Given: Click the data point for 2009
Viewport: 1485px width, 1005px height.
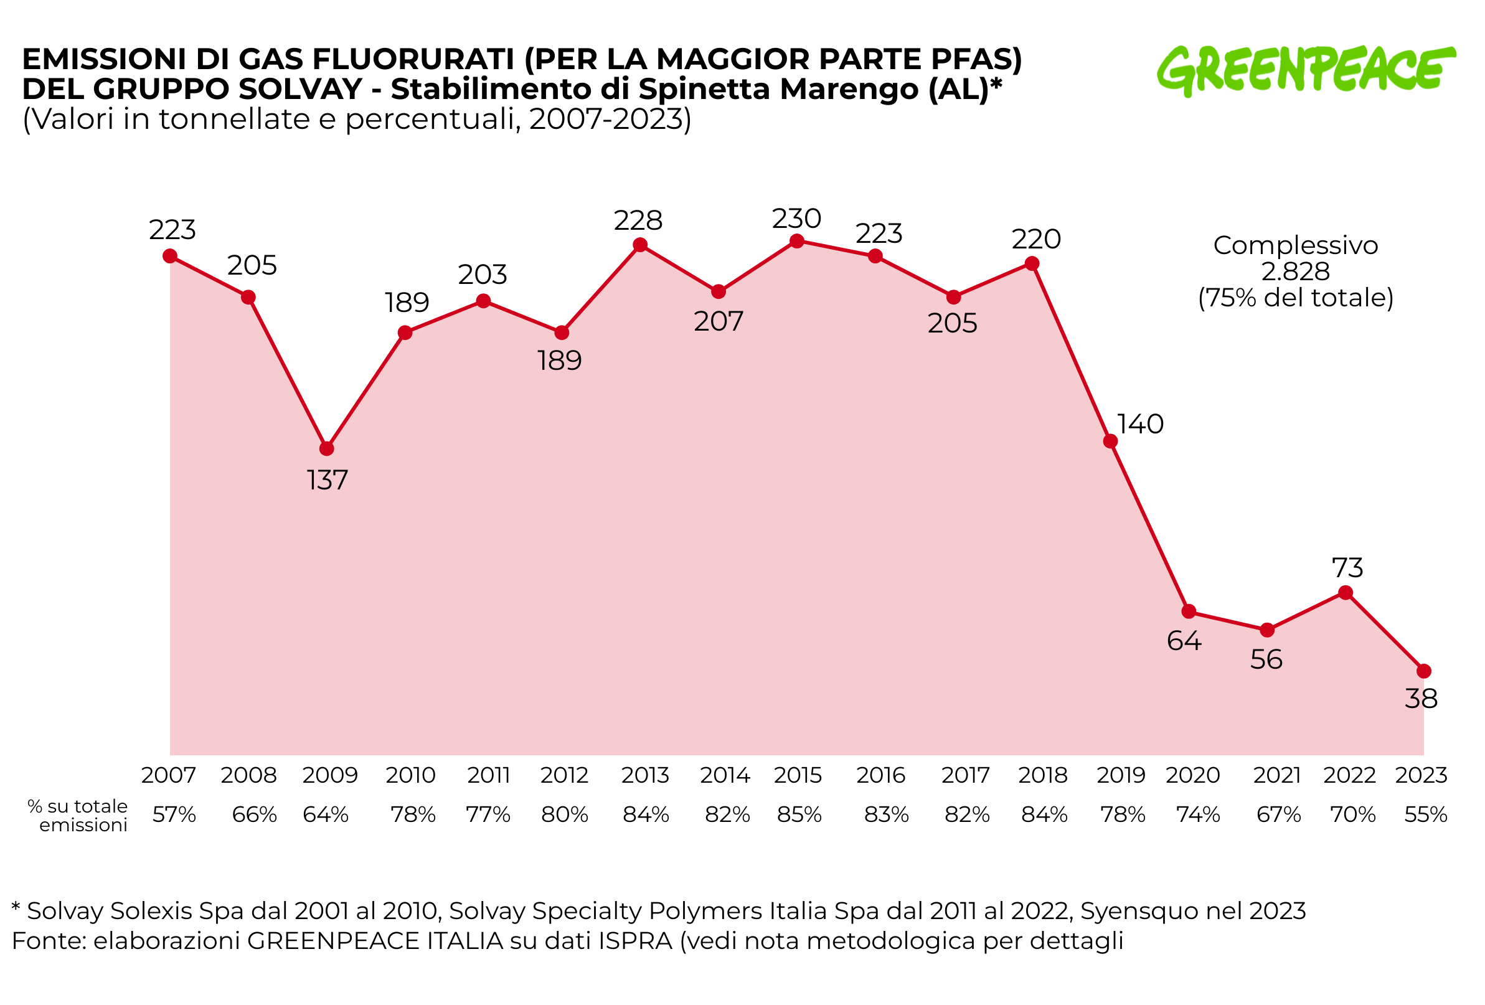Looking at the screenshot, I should [x=326, y=448].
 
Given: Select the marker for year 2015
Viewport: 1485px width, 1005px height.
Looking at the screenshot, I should [x=797, y=241].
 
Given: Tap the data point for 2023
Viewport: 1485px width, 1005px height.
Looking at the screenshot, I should [x=1423, y=671].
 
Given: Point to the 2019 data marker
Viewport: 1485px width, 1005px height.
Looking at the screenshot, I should [x=1111, y=441].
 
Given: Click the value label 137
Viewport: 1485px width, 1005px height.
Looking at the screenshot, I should [x=327, y=480].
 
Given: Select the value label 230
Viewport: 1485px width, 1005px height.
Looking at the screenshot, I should [x=796, y=219].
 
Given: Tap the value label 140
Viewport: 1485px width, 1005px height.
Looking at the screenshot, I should [x=1140, y=423].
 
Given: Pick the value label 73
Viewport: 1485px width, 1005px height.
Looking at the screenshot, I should [x=1347, y=567].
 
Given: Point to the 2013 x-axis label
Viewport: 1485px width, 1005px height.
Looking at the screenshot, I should [x=644, y=775].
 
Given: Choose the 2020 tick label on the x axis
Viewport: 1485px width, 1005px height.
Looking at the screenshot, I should [x=1192, y=775].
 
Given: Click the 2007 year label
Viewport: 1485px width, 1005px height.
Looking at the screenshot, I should [x=169, y=775].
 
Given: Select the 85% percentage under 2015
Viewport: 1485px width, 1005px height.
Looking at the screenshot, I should [x=799, y=814].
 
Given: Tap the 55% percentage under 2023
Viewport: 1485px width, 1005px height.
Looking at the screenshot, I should [x=1426, y=814].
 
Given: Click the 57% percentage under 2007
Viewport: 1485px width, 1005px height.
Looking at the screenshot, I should [x=174, y=814].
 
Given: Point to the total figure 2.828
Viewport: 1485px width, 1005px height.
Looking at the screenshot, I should [x=1295, y=271].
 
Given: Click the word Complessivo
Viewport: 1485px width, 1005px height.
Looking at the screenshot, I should [x=1295, y=245].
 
